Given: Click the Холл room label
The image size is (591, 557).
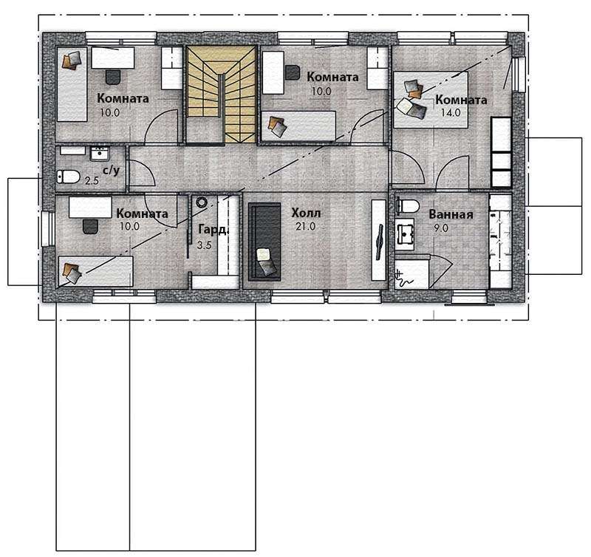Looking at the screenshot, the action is (306, 213).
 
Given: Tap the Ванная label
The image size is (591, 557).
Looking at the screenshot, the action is (451, 214).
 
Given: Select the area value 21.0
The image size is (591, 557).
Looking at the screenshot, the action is (306, 227).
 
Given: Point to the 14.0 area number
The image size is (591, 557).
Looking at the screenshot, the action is (451, 112).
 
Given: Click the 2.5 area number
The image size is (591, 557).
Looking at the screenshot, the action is (92, 181).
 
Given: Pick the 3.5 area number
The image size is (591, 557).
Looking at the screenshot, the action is (205, 245).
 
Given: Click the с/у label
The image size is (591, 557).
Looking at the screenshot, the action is (112, 171).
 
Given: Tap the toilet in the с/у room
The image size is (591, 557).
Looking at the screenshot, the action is (68, 177).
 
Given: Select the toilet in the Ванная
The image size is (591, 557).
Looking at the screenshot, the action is (408, 206).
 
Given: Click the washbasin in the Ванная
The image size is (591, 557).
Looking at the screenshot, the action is (404, 234).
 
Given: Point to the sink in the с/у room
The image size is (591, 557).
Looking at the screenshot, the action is (100, 154).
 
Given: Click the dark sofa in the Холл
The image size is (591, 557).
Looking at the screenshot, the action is (264, 242).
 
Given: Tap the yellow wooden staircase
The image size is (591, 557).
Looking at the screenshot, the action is (221, 95).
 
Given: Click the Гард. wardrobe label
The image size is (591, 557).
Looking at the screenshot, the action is (213, 230).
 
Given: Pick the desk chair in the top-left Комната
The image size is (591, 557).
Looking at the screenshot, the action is (113, 77).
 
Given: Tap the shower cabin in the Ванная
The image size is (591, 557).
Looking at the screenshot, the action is (412, 272).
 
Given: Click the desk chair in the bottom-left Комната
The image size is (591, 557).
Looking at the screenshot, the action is (90, 226).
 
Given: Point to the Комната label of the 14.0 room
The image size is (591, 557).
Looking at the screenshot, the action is (461, 100).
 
